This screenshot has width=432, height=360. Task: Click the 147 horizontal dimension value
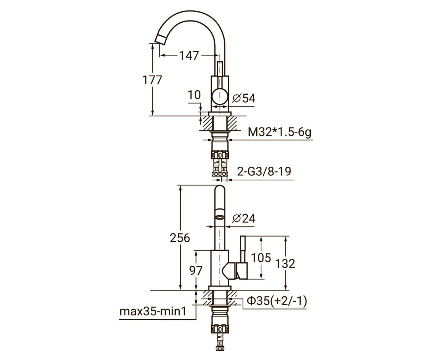coord(189,55)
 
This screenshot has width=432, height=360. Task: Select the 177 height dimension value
coord(152,80)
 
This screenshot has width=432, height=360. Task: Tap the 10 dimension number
coord(194,95)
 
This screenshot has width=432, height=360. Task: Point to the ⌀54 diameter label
coord(244,98)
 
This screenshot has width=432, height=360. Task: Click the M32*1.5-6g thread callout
coord(279,132)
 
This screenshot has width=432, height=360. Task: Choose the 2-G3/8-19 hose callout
coord(264,171)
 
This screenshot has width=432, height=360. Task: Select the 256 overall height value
coord(180,238)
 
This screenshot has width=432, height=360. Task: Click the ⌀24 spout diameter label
coord(244,218)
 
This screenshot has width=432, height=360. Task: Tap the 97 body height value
coord(195,270)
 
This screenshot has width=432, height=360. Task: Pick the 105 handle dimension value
coord(261,258)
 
